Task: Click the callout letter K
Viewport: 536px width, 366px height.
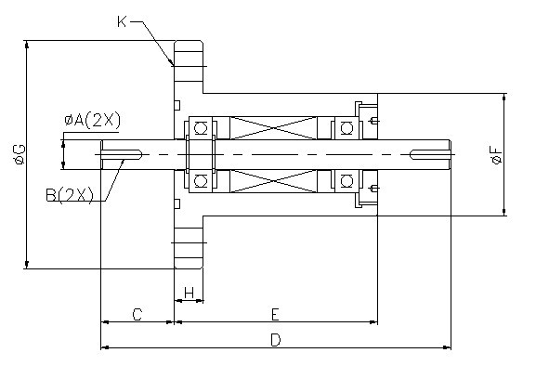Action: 122,21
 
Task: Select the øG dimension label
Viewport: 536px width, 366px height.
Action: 19,154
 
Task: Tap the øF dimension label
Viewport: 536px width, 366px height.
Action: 496,155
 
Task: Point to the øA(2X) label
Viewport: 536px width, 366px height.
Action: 93,120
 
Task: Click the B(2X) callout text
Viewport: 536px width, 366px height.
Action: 70,195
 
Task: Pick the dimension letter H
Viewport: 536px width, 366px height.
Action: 189,293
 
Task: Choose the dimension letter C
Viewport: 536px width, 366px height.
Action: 137,314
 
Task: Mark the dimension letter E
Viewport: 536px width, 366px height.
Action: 276,314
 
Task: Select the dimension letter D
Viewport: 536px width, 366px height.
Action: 276,340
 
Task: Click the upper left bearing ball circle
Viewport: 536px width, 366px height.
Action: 201,128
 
